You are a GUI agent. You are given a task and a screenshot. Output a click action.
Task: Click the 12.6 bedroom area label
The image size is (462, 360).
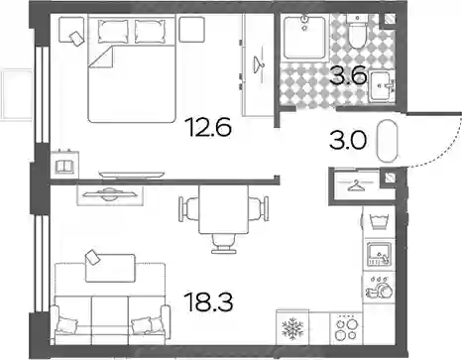click(208, 127)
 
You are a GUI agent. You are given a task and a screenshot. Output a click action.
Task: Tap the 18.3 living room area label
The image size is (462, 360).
click(209, 301)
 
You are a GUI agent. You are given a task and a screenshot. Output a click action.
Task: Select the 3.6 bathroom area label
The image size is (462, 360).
click(349, 75)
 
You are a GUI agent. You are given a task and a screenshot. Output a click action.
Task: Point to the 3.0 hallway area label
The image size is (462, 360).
click(348, 141)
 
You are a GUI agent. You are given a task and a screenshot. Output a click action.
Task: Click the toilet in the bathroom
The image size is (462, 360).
click(357, 31)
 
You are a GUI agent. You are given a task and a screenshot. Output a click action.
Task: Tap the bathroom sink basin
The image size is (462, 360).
click(382, 85)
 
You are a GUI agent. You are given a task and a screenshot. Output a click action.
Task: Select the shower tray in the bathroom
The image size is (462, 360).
click(304, 38)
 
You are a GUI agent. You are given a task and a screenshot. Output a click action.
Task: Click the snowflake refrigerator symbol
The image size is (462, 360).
click(292, 328)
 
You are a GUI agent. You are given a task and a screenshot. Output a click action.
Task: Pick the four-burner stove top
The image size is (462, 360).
click(346, 328)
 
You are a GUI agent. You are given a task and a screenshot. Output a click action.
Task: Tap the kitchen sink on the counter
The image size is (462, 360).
click(379, 254)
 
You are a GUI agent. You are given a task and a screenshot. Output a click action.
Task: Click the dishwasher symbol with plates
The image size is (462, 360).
click(379, 288)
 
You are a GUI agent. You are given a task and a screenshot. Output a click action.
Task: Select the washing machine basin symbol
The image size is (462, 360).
click(379, 221)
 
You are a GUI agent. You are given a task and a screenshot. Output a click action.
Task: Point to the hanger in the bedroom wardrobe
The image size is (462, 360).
click(259, 64)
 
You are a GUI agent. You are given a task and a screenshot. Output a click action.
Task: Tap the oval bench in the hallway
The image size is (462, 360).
click(387, 141)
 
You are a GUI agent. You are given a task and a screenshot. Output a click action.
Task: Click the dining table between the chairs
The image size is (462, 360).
click(224, 209)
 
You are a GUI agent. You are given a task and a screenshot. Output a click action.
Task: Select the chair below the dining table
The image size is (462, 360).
click(224, 244)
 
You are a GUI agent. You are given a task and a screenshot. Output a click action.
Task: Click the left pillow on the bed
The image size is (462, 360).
click(113, 32)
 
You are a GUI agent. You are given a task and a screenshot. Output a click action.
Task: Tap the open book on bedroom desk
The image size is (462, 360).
click(64, 167)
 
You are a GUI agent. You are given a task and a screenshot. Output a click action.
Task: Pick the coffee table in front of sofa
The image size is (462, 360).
click(110, 268)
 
